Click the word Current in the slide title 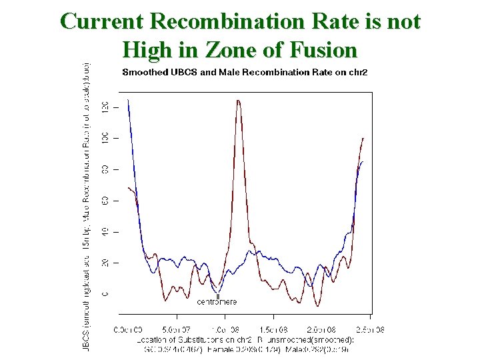click(103, 21)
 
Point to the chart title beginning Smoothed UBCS click(245, 72)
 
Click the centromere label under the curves click(217, 302)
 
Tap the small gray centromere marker click(217, 296)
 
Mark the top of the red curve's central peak click(238, 101)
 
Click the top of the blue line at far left click(128, 100)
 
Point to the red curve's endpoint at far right click(363, 138)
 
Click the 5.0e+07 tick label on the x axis click(177, 329)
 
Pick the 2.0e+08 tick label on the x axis click(323, 329)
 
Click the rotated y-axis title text click(86, 207)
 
